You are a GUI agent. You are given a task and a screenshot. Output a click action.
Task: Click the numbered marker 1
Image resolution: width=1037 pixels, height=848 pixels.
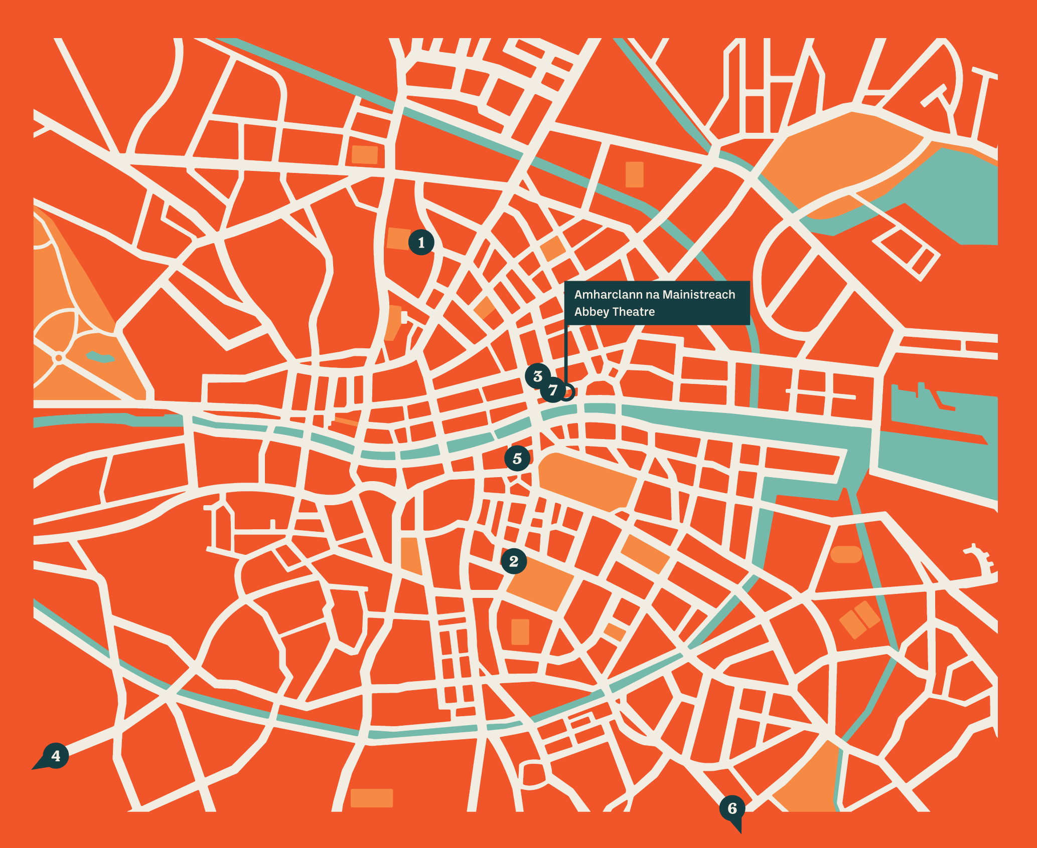coord(421,243)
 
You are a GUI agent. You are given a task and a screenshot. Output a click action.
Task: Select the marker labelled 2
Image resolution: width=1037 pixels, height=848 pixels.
coord(514,561)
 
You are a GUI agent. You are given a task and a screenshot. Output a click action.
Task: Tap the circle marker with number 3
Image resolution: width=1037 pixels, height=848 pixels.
coord(538,376)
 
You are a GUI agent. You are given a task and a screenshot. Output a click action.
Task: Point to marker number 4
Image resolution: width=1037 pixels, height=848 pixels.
coord(56,755)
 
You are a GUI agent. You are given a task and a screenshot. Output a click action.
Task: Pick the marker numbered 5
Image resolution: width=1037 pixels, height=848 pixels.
coord(517,458)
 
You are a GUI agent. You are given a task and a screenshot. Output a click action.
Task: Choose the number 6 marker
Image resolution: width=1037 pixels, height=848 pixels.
coord(732,808)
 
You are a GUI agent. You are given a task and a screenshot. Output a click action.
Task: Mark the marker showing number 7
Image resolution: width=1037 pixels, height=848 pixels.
coord(553,390)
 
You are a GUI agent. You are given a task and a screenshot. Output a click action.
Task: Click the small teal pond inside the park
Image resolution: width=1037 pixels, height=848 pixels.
coord(100,357)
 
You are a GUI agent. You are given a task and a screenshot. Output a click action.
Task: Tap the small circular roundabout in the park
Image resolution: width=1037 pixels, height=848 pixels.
coord(59,358)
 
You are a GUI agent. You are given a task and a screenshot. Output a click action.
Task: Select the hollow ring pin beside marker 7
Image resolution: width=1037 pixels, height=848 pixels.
coord(567,392)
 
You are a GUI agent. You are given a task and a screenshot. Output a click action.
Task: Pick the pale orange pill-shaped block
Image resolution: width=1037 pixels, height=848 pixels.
coord(846,554)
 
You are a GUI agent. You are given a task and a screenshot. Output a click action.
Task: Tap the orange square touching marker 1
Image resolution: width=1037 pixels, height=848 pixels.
coord(398,239)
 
